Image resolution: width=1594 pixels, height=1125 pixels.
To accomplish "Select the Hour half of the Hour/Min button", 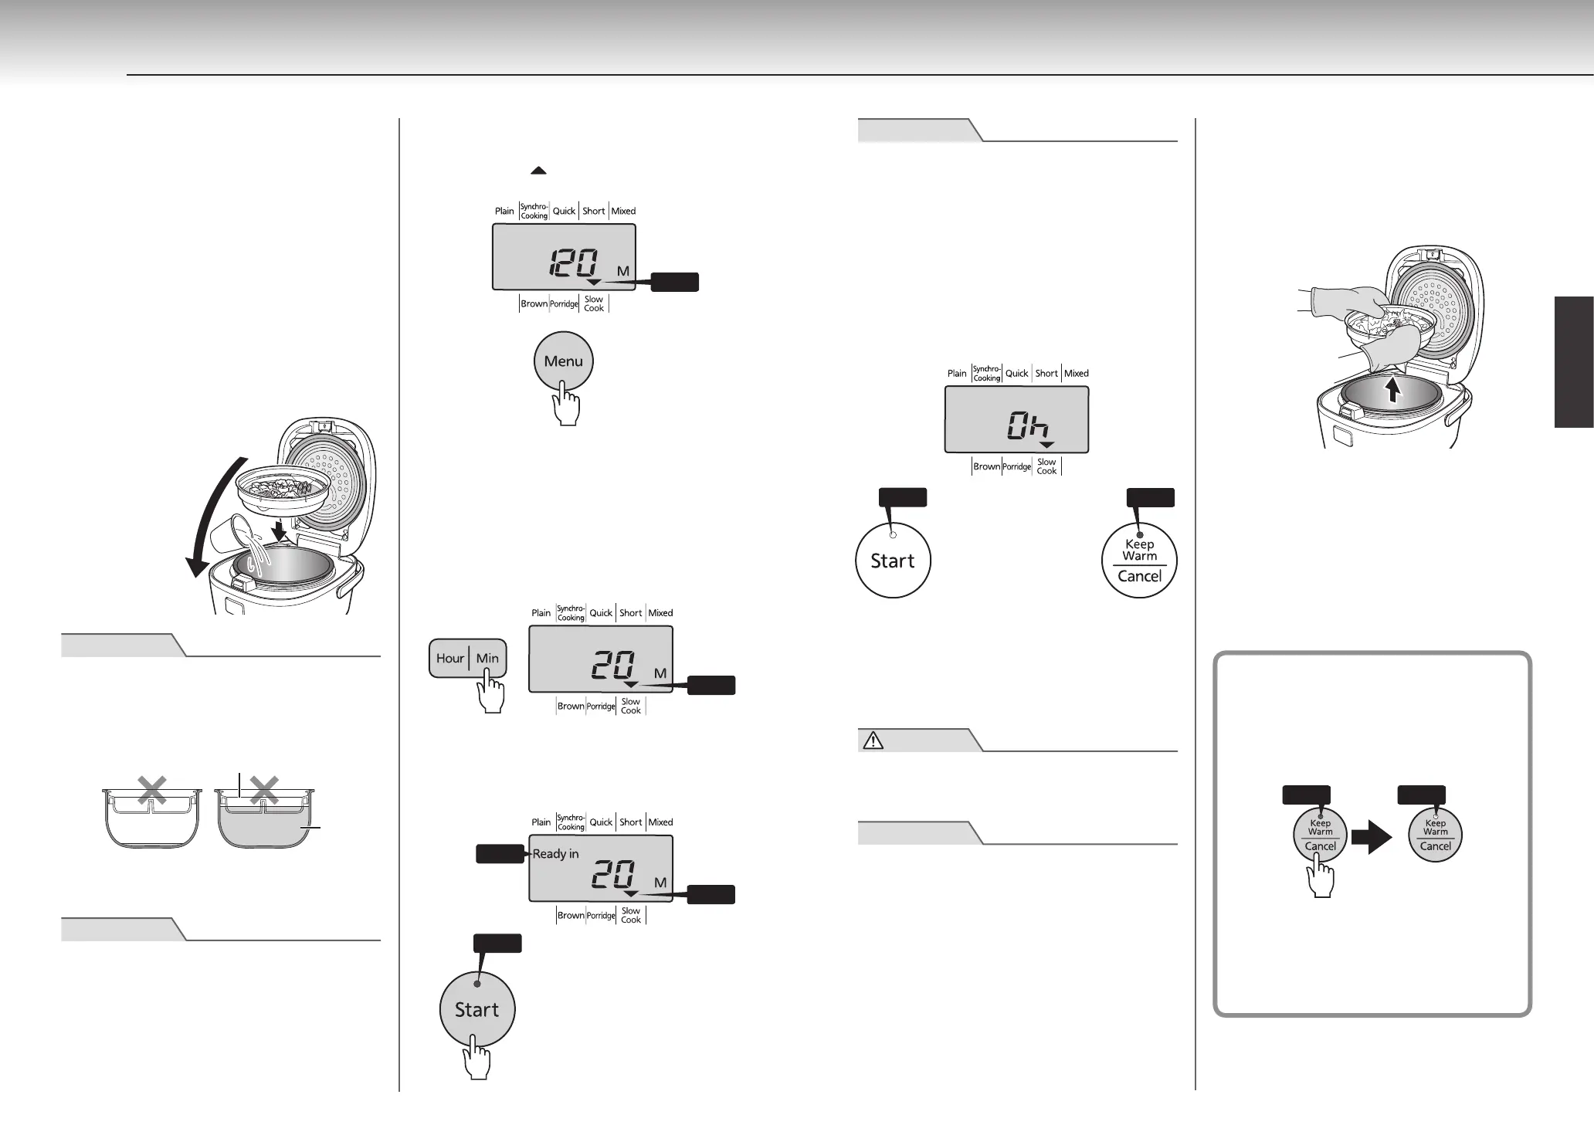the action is tap(449, 659).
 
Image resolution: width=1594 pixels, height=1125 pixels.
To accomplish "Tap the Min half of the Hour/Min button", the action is tap(487, 659).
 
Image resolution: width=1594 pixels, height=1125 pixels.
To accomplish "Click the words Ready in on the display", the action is tap(555, 854).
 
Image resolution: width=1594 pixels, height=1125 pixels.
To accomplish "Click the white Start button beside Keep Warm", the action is tap(893, 561).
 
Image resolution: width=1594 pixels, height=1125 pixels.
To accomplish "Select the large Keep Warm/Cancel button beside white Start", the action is tap(1139, 561).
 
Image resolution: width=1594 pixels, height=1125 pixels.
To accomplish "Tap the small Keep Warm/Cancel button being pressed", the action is tap(1320, 835).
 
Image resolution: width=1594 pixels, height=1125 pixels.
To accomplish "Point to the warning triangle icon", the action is tap(873, 741).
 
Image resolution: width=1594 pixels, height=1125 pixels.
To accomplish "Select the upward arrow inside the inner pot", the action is tap(1392, 390).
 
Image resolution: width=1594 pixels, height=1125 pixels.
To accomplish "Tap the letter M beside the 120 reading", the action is tap(623, 271).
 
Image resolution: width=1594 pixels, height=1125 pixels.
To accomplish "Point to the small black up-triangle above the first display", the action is tap(538, 171).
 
